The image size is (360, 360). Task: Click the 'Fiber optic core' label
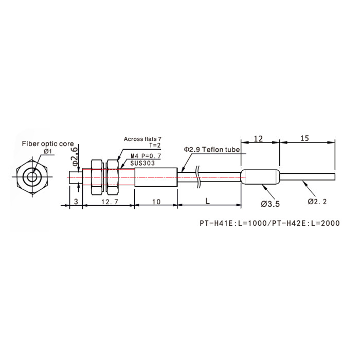point(48,143)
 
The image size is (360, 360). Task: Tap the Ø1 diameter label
point(48,152)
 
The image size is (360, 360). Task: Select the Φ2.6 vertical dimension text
point(75,157)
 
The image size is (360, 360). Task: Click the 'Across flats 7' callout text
point(142,139)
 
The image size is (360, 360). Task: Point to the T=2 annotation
point(155,146)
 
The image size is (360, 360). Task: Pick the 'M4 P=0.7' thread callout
point(146,156)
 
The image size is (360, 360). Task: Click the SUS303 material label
point(142,163)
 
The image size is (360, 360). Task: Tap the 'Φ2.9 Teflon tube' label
point(212,150)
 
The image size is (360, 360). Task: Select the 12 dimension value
point(258,139)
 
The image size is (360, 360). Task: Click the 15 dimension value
point(304,138)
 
